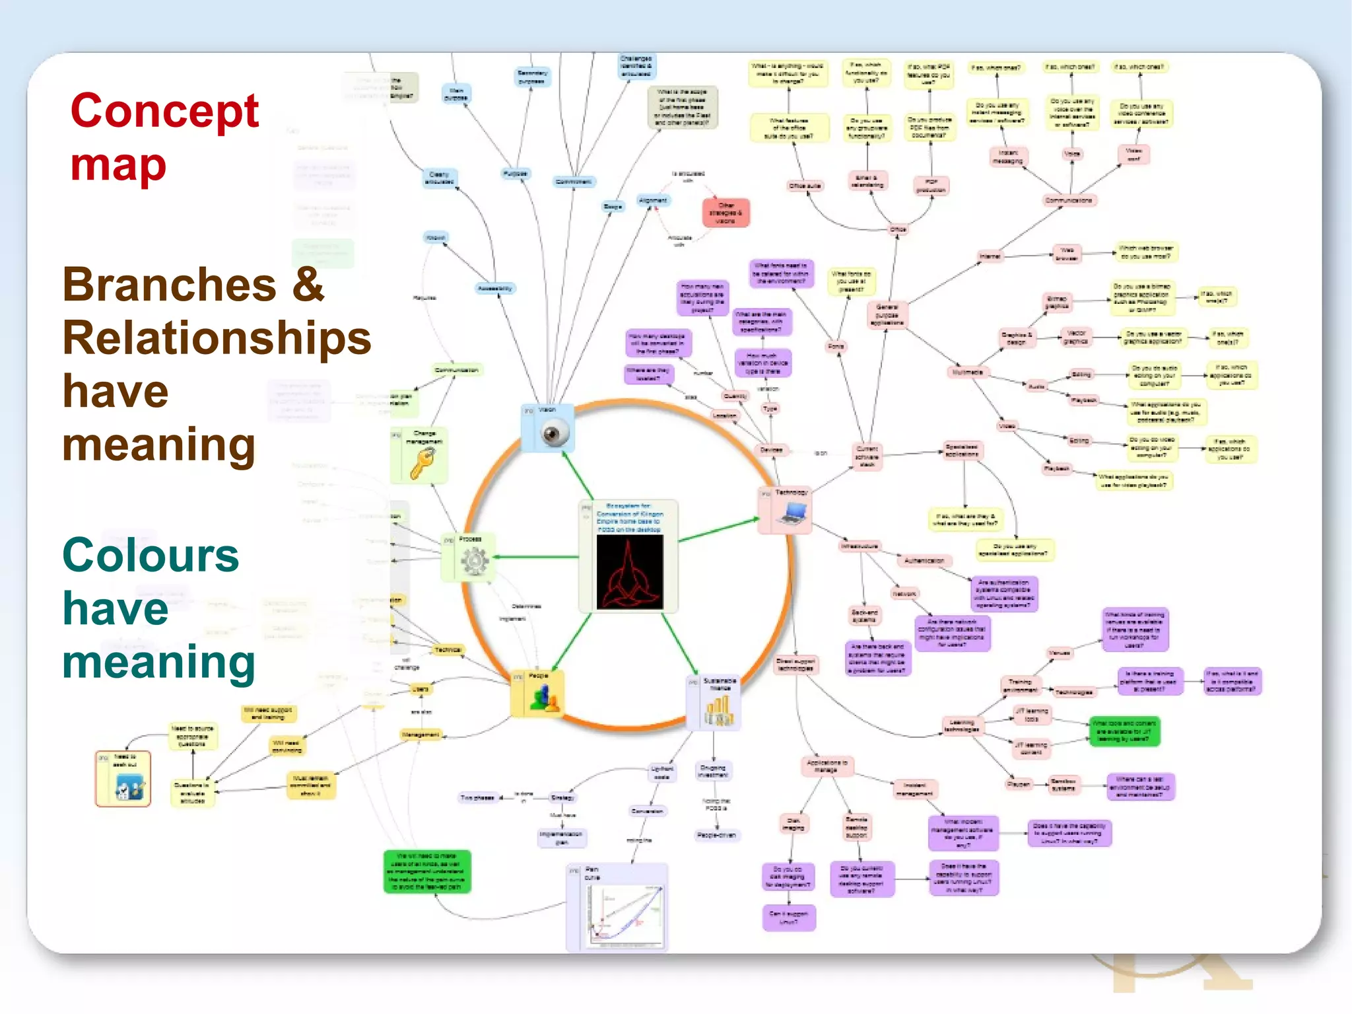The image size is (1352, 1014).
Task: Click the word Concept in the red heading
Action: pos(164,110)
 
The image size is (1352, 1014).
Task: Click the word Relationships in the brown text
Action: pos(217,338)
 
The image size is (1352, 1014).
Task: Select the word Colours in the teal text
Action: pos(151,555)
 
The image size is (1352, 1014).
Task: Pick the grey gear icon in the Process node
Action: pos(474,562)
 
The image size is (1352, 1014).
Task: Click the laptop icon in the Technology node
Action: pos(792,513)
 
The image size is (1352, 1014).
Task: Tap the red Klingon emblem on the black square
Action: pos(629,572)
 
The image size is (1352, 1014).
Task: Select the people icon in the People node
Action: pos(543,698)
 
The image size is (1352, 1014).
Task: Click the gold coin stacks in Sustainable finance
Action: pos(718,711)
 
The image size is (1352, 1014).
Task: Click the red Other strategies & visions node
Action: pos(726,213)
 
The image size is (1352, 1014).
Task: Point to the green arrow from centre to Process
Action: pos(535,557)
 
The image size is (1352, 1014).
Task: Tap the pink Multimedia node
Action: pos(967,373)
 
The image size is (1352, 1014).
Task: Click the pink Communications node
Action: pos(1069,200)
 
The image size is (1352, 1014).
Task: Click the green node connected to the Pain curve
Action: pos(427,871)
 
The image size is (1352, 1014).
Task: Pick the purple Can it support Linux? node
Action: pos(789,918)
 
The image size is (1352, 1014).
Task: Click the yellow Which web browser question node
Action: pos(1145,252)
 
